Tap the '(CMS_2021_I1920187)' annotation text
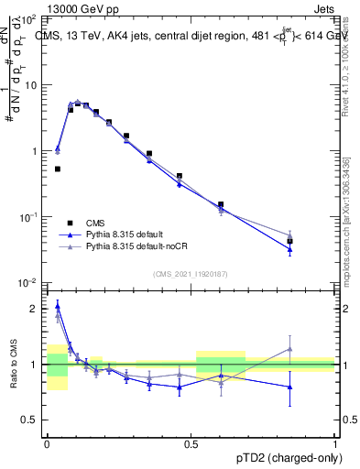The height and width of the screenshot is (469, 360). click(191, 273)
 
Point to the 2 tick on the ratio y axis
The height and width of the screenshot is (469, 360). click(36, 309)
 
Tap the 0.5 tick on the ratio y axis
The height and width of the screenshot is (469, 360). click(32, 420)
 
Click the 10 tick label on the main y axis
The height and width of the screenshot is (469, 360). click(31, 85)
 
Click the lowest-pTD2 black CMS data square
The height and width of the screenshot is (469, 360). click(58, 169)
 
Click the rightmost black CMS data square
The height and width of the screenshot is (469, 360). click(289, 241)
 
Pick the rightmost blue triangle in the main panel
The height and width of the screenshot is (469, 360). click(289, 249)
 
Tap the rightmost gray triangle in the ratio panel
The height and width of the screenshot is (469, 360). click(289, 348)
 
